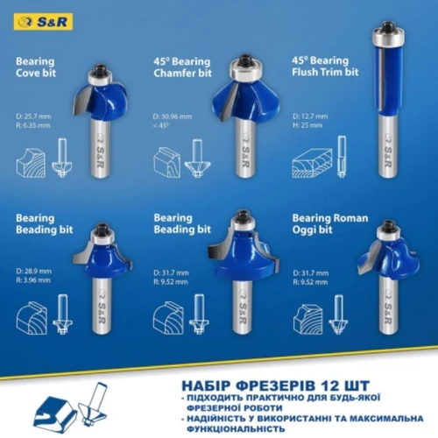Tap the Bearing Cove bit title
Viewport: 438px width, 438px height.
point(35,68)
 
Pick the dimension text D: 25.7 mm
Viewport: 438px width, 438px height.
point(36,114)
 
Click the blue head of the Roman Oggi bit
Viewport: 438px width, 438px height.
point(390,263)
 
